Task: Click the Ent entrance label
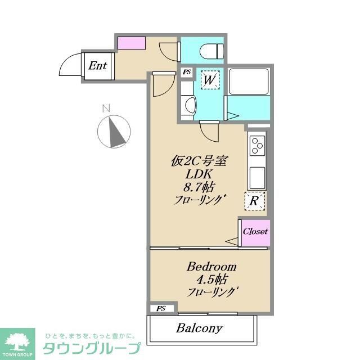tap(98, 65)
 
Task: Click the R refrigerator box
tap(254, 200)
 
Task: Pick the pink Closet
tap(255, 231)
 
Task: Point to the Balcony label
tap(199, 327)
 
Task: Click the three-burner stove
tap(257, 145)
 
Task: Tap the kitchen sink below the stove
tap(257, 178)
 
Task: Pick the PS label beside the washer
tap(187, 72)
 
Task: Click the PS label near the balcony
tap(161, 309)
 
